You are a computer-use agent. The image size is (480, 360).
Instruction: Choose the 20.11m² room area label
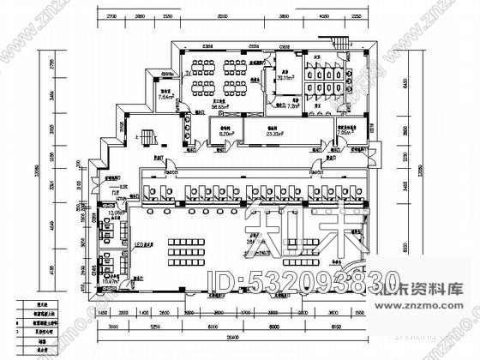(284, 77)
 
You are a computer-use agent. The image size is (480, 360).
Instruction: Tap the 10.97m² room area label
(111, 279)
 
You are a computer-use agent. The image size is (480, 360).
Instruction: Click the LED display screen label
(143, 244)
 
